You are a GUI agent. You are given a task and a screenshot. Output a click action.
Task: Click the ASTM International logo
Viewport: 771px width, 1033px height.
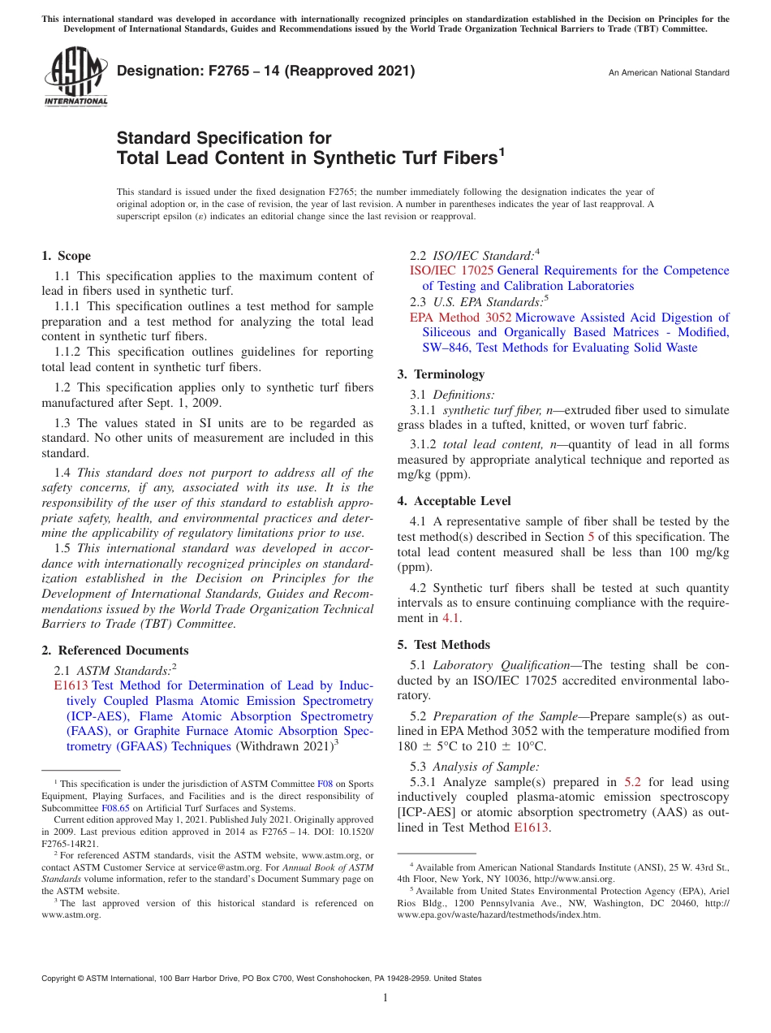point(75,76)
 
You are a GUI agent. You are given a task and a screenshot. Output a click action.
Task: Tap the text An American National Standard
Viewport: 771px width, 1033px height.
point(669,73)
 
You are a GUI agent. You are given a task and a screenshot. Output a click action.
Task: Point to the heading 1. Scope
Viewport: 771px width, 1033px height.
point(67,256)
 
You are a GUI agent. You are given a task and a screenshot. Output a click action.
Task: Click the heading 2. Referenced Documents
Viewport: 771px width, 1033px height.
point(115,650)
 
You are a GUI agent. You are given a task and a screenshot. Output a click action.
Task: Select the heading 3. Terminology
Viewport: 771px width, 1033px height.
point(441,374)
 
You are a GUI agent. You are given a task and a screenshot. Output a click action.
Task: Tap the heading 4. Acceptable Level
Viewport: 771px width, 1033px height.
point(454,501)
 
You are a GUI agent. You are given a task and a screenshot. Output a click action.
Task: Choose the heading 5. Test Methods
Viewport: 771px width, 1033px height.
point(443,645)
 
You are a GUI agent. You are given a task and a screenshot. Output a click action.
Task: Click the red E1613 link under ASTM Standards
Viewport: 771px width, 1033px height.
point(71,685)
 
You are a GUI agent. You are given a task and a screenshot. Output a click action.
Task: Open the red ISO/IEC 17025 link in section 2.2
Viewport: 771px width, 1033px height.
point(451,270)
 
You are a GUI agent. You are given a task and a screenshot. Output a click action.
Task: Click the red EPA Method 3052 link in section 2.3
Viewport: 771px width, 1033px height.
point(460,318)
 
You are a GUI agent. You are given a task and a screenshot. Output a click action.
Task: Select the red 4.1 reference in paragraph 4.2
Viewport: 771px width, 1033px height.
point(450,618)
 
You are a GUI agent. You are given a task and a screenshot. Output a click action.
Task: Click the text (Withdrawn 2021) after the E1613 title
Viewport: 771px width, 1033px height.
point(284,746)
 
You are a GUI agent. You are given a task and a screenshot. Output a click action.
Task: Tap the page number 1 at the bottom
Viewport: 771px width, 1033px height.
point(385,998)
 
